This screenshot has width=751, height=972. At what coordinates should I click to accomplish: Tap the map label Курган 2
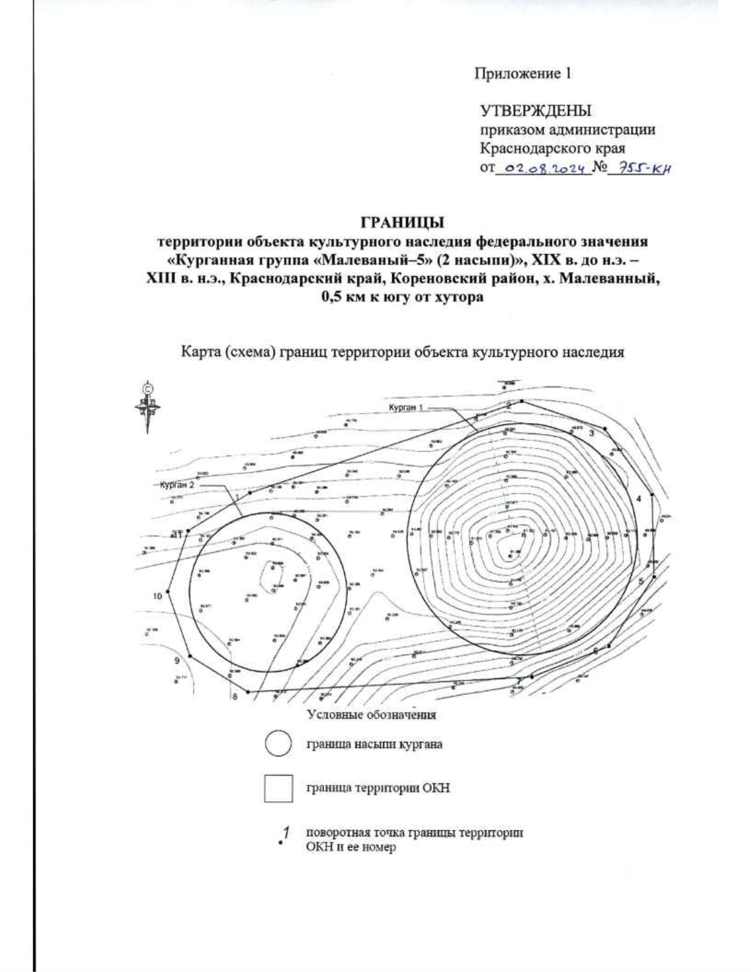point(177,484)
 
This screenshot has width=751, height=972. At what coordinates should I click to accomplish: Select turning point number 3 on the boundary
point(590,431)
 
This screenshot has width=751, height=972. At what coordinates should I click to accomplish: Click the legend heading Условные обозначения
point(370,714)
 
